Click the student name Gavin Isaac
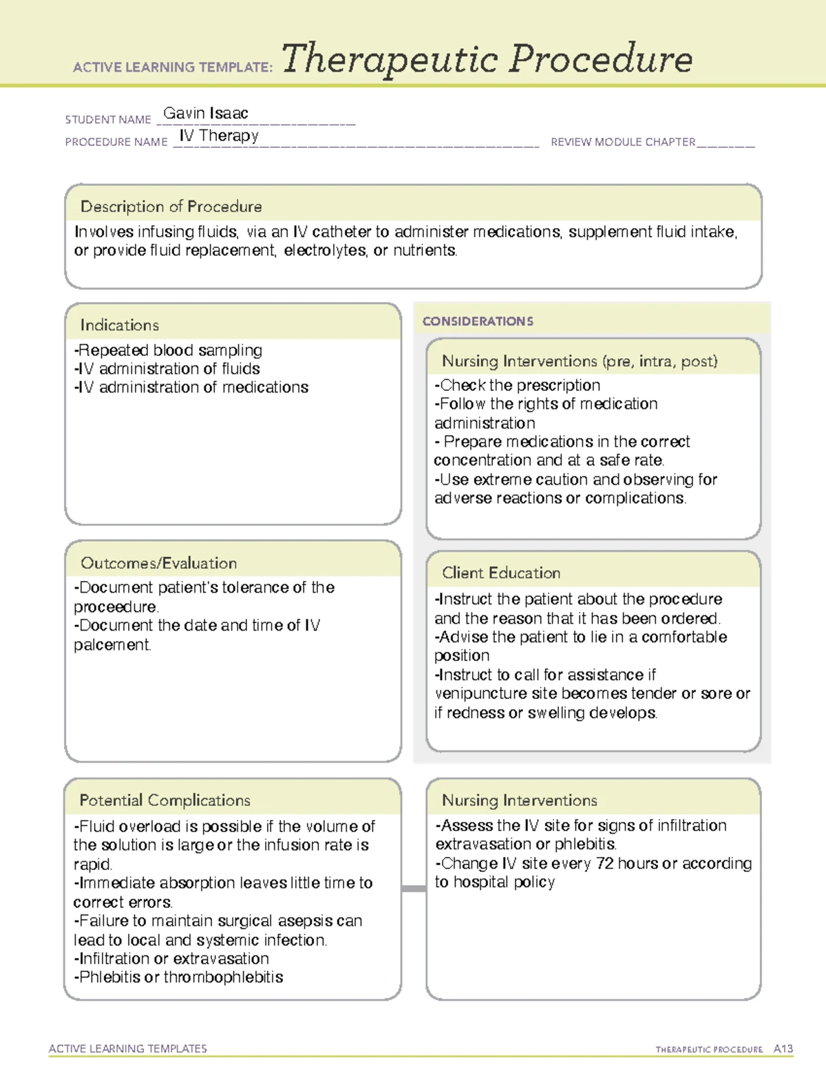(205, 114)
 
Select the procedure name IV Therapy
(219, 136)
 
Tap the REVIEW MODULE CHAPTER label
(622, 142)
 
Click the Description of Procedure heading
(171, 207)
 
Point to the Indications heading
(119, 325)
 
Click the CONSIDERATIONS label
(477, 321)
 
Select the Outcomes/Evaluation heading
(158, 563)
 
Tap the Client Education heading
(500, 573)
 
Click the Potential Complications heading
(165, 800)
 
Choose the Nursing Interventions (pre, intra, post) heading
(579, 361)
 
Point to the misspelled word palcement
(112, 645)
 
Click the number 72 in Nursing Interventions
(605, 863)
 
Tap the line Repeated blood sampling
(169, 350)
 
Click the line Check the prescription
(518, 385)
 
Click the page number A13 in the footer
(783, 1049)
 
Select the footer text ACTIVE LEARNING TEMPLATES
(127, 1048)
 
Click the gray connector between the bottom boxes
(413, 889)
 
